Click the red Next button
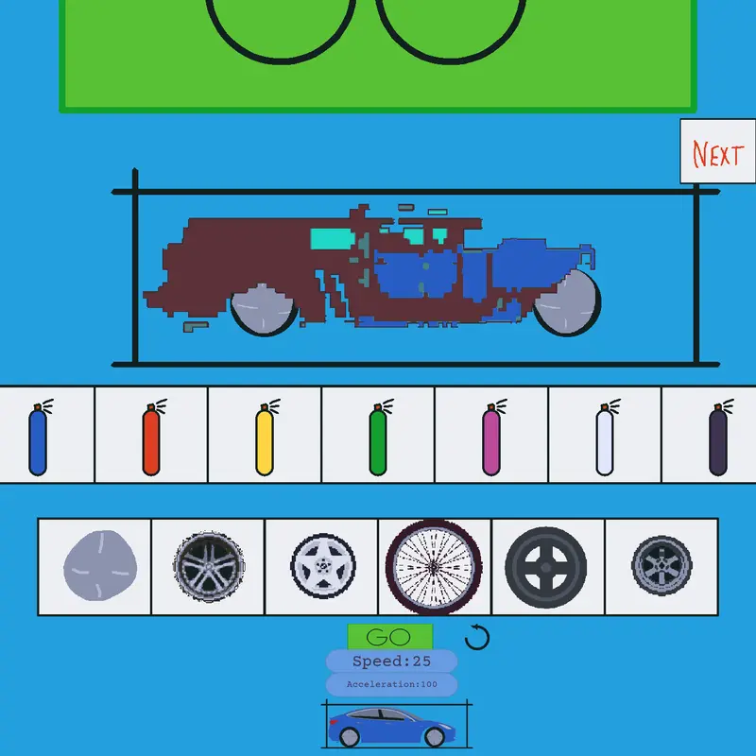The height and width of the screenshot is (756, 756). (717, 151)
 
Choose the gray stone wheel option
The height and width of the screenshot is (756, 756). (100, 566)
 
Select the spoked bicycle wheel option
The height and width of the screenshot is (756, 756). (434, 567)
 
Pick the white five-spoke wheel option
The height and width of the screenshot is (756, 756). (323, 566)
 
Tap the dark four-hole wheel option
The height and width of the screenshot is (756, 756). (546, 567)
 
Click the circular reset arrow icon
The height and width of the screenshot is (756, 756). (477, 637)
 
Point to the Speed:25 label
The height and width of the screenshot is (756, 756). (391, 661)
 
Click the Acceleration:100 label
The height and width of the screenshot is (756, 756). (391, 684)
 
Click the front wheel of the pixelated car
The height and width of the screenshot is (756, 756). (567, 302)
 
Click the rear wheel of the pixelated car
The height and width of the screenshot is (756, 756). (264, 310)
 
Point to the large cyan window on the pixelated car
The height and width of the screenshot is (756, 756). (332, 239)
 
